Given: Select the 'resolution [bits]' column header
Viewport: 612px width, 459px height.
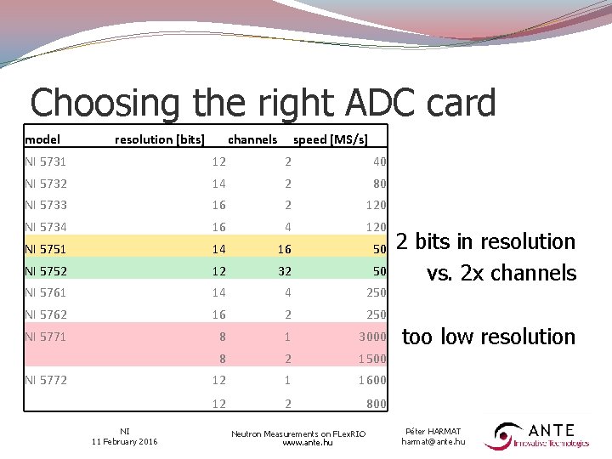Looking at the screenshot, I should coord(160,139).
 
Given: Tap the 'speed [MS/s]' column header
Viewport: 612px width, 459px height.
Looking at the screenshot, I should coord(330,139).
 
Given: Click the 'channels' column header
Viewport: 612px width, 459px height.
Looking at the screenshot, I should coord(252,139).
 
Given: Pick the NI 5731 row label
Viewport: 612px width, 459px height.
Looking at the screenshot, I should coord(46,161).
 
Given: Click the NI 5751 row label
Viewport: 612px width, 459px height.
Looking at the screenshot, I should coord(46,249).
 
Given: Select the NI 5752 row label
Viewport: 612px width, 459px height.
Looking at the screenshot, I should coord(46,271).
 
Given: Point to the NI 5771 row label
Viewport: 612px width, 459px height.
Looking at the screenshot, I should coord(46,337).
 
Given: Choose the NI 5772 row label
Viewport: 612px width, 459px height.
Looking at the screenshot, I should coord(46,380).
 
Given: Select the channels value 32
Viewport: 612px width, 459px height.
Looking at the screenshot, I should coord(287,271).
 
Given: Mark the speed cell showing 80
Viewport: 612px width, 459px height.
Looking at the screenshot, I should coord(379,184).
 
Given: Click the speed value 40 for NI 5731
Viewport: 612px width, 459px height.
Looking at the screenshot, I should coord(379,161).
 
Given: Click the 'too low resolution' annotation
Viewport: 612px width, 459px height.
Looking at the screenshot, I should coord(488,337).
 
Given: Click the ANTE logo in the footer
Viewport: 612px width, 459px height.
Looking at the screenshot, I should coord(537,436).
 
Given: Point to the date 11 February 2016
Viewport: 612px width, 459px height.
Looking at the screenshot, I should coord(124,441).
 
